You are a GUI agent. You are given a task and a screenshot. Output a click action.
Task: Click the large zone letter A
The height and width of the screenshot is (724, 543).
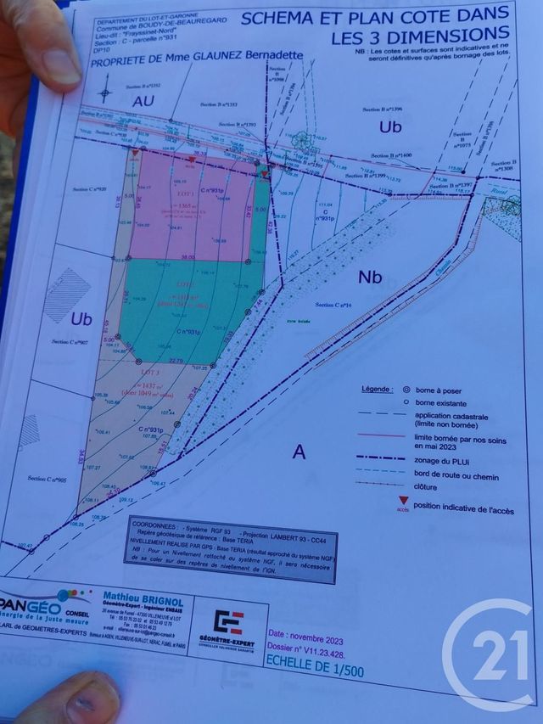[x=299, y=452]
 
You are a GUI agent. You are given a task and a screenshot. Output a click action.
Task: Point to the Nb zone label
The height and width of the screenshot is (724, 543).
[x=371, y=277]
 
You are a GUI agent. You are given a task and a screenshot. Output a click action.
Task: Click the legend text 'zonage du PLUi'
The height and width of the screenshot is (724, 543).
[x=443, y=458]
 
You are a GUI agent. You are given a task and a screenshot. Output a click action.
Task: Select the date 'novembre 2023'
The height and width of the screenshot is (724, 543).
[x=301, y=634]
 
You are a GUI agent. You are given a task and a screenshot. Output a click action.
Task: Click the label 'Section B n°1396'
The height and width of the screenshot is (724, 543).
[x=380, y=109]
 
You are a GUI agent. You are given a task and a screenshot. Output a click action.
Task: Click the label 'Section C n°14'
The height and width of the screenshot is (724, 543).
[x=333, y=304]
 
